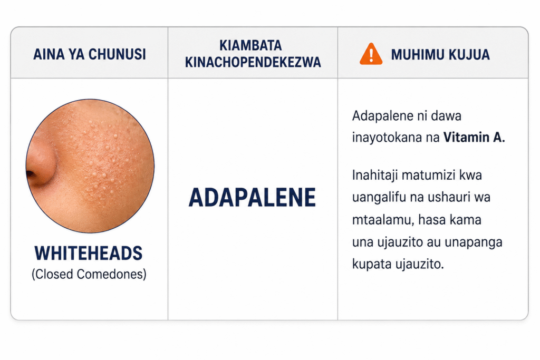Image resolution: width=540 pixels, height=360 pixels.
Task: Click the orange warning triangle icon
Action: (x=371, y=54)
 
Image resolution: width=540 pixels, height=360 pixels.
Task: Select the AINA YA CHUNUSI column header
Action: (x=90, y=54)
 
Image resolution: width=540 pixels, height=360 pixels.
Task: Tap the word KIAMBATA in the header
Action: (x=250, y=45)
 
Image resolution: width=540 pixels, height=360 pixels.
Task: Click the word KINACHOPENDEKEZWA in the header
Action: (x=253, y=62)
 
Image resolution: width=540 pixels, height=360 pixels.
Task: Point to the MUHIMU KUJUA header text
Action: (x=440, y=54)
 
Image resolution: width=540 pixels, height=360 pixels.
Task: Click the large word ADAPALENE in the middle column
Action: (x=252, y=198)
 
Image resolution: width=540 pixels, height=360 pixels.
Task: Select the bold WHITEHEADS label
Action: (x=89, y=254)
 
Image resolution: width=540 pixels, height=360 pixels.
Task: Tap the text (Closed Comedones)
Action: (x=89, y=274)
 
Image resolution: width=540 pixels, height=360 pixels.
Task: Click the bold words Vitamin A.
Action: (x=474, y=138)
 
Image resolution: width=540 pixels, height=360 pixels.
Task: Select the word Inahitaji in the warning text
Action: (x=375, y=176)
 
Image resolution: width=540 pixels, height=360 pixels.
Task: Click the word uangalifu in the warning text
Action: (x=379, y=198)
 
